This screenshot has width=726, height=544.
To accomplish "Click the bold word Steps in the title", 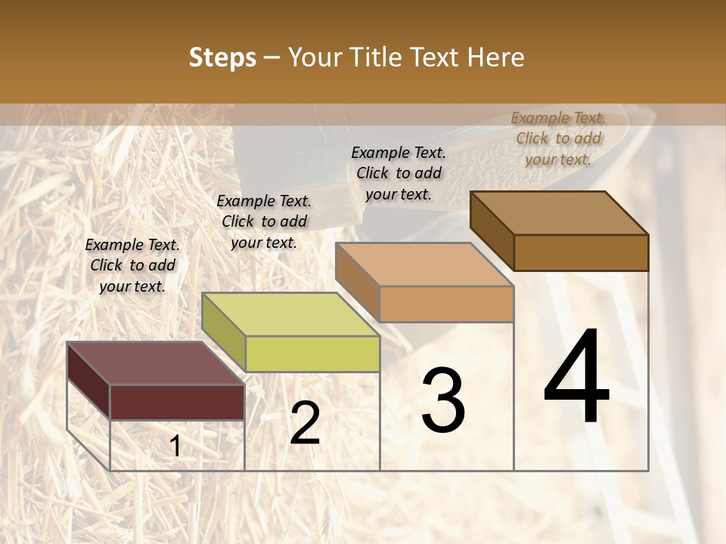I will coord(222,57).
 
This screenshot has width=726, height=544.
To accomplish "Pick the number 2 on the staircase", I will coord(305,424).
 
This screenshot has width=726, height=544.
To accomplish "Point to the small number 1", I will coord(175,447).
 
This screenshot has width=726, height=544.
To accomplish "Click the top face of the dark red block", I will coord(155,363).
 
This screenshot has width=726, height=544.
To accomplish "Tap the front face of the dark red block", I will coord(177,402).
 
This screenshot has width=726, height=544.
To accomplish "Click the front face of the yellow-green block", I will coord(312,354).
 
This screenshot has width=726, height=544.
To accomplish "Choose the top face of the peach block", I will coord(424,264).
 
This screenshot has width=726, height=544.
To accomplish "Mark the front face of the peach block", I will coord(446,304).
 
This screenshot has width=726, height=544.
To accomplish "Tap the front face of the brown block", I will coord(581,252).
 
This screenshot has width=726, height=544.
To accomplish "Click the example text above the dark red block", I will coord(132,265).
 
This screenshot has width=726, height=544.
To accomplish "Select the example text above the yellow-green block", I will coord(264,221).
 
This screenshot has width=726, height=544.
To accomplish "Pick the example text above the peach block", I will coord(399,173).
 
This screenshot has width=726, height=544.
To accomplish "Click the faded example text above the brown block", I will coord(558,138).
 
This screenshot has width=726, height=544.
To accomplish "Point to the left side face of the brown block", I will coord(492,231).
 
